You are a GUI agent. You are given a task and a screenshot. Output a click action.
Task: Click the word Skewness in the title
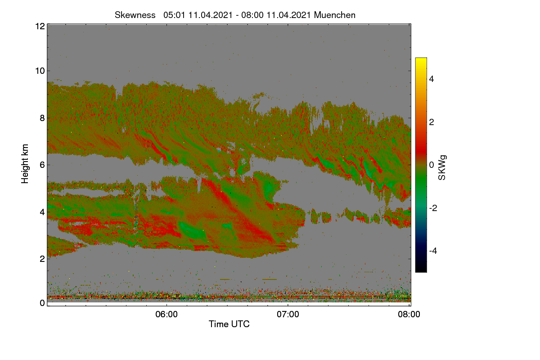[135, 15]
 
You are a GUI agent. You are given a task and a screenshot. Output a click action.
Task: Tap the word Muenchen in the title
[335, 15]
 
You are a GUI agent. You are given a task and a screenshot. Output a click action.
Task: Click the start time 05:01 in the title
[174, 15]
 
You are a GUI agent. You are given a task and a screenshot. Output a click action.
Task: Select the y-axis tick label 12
[40, 26]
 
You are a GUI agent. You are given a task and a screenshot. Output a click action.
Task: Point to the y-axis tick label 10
[40, 71]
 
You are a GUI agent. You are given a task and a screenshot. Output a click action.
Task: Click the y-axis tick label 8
[42, 118]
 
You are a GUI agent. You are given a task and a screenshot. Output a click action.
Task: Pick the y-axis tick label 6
[42, 165]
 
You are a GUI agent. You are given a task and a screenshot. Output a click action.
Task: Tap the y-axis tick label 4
[42, 212]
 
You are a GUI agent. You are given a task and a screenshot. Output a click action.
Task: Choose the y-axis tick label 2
[42, 259]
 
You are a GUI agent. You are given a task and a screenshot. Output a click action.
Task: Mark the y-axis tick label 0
[42, 303]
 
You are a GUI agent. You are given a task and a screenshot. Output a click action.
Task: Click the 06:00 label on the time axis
[166, 315]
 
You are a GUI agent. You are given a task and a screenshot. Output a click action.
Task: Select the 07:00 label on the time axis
[288, 315]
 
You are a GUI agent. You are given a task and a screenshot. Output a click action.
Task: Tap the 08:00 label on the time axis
[409, 315]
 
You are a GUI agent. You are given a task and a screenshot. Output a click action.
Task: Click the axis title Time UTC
[229, 324]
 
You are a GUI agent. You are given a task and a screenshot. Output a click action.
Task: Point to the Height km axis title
[25, 164]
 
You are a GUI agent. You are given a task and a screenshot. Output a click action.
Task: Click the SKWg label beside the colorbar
[442, 168]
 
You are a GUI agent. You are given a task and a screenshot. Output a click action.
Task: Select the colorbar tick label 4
[432, 79]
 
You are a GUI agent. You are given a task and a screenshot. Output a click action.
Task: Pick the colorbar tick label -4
[433, 251]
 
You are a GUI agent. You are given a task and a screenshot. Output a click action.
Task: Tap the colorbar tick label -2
[433, 208]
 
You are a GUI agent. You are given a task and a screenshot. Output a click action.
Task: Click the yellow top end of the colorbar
[421, 59]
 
